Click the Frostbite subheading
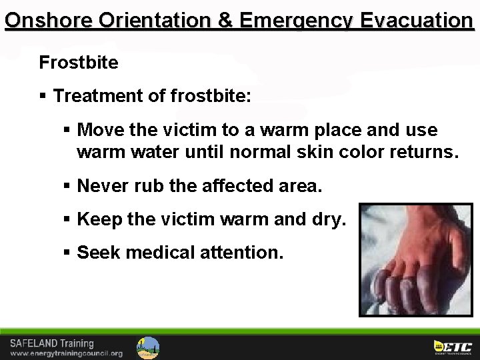coord(79,63)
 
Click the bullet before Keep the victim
coord(67,219)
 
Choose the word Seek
coord(97,253)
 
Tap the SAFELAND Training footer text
coord(51,343)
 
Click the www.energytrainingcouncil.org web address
coord(66,353)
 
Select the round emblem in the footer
coord(148,347)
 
